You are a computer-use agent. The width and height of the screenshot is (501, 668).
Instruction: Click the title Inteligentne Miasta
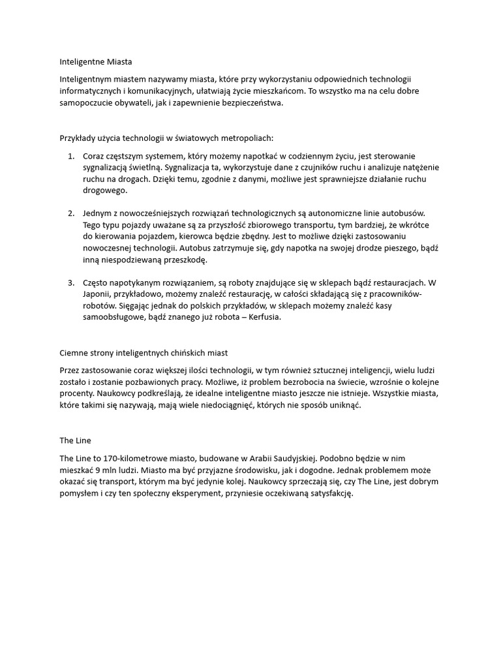(95, 62)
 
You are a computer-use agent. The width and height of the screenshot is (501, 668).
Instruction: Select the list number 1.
(70, 156)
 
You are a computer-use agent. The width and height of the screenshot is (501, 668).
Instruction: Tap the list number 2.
(70, 213)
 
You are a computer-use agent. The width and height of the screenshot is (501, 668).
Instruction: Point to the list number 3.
(70, 282)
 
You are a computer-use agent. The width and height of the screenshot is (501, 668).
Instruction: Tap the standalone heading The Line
(72, 440)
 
